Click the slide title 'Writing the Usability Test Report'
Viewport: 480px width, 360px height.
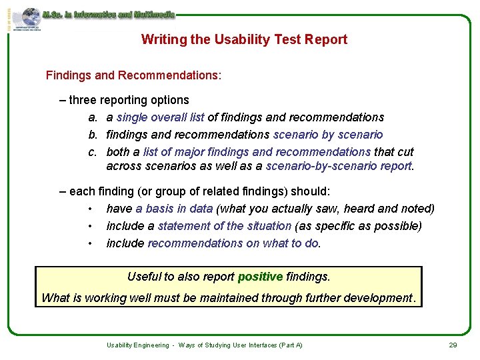[x=244, y=39]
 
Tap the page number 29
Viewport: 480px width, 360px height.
[x=453, y=345]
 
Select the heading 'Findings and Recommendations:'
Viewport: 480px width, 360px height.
[x=133, y=75]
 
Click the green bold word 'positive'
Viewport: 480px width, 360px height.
[x=260, y=276]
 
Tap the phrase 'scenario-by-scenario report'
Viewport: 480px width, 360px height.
[x=339, y=166]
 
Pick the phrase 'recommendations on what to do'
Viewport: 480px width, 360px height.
[x=233, y=243]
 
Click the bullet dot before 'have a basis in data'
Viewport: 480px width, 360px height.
[x=89, y=209]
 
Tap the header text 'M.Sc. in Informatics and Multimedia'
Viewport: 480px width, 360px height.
[x=109, y=14]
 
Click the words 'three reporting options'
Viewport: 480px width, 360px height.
[x=129, y=100]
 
